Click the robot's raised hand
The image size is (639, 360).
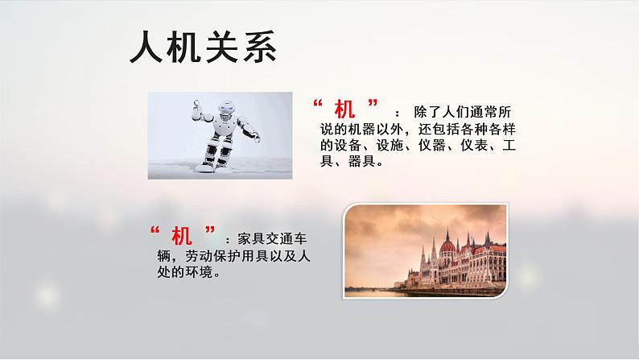(198, 104)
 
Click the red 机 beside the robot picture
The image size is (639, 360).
(346, 110)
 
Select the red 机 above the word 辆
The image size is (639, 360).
(181, 238)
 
